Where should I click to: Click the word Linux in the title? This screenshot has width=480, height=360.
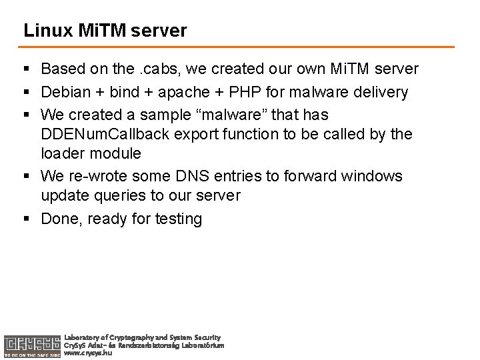click(42, 31)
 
